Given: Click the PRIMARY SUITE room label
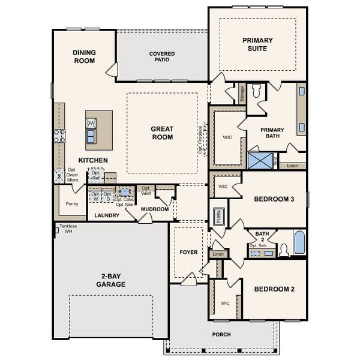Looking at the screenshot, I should point(257,44).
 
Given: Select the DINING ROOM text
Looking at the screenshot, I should point(85,56).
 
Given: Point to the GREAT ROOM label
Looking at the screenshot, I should point(161,133).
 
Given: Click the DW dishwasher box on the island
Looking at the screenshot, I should point(91,123).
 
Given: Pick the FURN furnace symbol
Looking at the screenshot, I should point(219,216).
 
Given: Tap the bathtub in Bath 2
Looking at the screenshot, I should point(299,243).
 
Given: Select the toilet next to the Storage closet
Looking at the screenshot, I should point(256,92).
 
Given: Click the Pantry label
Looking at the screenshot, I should point(71,203).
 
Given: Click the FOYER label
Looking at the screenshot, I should point(188,252).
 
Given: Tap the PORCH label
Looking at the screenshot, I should point(221,334).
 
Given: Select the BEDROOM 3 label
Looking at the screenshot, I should point(274,199).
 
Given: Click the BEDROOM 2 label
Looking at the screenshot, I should point(274,289).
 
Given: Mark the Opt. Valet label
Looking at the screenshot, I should point(146,190).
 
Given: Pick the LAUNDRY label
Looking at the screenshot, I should point(107,215).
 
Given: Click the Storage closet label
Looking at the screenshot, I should point(242,94).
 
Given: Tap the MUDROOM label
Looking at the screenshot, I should point(155,209).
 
